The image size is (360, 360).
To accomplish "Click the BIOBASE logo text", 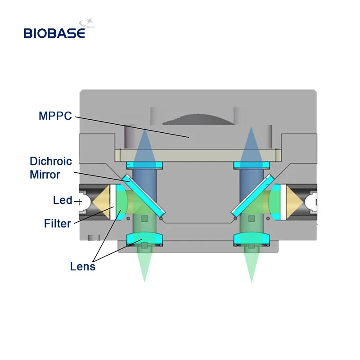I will (x=54, y=33).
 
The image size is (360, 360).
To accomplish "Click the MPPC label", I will (x=55, y=117).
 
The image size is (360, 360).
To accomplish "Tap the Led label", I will (x=63, y=199).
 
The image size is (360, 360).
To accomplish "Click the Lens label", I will (x=83, y=266).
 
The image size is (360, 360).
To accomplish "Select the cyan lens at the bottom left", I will (x=144, y=238).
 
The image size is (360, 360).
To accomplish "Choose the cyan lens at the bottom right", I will (x=252, y=238).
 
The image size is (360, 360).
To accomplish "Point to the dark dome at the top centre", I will (x=198, y=117).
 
